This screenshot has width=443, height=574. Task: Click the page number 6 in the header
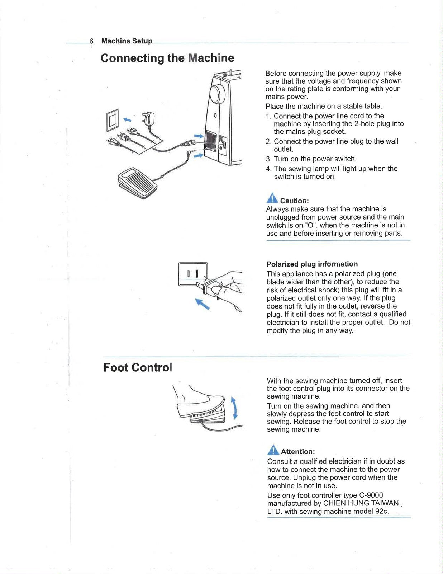pyautogui.click(x=92, y=41)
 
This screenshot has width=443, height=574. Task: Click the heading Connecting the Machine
pyautogui.click(x=167, y=58)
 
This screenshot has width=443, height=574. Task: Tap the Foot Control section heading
pyautogui.click(x=138, y=368)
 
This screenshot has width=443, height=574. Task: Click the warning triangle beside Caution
pyautogui.click(x=272, y=198)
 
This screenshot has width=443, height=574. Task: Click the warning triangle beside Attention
pyautogui.click(x=273, y=450)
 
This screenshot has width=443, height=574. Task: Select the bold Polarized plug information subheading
pyautogui.click(x=312, y=264)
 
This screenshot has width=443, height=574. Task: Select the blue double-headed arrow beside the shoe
pyautogui.click(x=234, y=408)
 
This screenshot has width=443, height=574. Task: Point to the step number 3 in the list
pyautogui.click(x=268, y=159)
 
